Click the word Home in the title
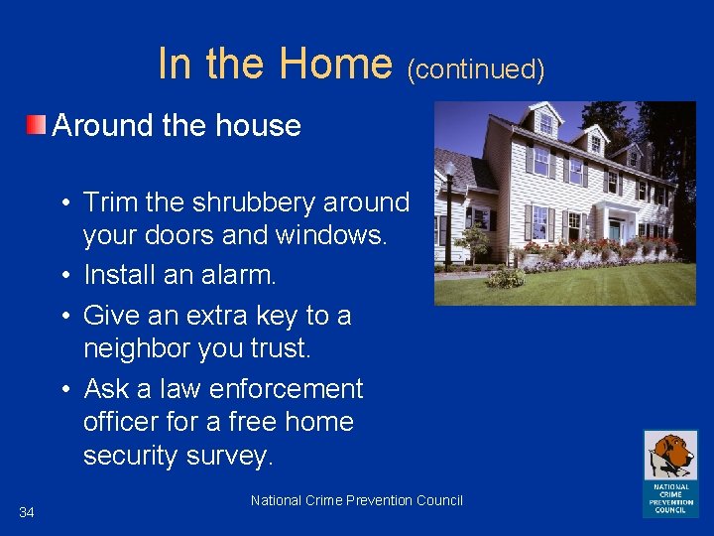pos(335,64)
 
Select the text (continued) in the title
pos(476,68)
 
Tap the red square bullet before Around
pos(36,125)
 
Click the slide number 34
pos(27,512)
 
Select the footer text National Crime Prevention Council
pos(357,500)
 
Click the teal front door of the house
pos(616,232)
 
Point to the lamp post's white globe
pos(449,170)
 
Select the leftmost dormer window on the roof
pos(545,124)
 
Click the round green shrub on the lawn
pos(506,278)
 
